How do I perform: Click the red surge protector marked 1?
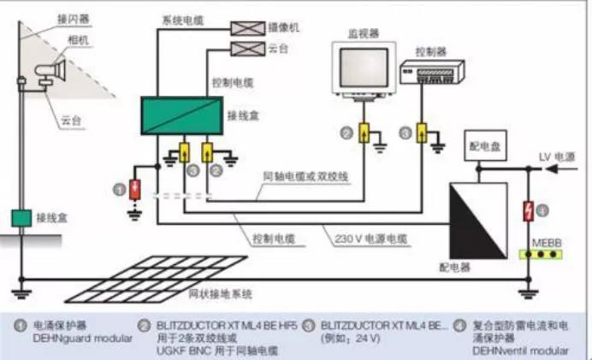135,189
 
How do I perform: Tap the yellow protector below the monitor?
364,134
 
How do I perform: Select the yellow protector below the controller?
421,133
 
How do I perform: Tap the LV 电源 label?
557,156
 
